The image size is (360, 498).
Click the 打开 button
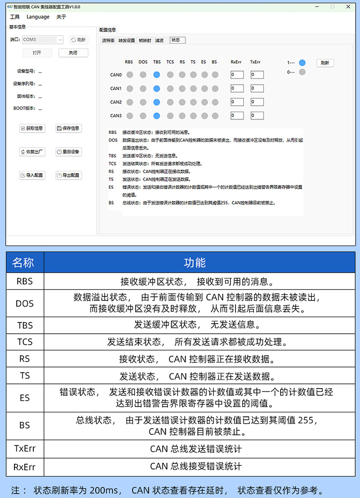37,53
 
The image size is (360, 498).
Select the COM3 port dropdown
43,40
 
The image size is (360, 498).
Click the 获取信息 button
32,128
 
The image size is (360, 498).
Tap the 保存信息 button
68,128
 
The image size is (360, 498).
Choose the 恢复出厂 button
32,152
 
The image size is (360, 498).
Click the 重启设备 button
68,152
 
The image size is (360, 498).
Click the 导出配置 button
68,175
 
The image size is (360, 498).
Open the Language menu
38,17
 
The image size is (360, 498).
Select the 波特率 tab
108,40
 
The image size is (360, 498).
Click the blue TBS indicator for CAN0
157,75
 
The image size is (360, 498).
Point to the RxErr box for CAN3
237,116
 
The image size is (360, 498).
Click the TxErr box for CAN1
257,89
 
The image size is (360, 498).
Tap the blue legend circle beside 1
302,63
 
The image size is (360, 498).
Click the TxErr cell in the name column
25,449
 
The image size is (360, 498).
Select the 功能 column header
195,263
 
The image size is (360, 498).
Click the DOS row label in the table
25,303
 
